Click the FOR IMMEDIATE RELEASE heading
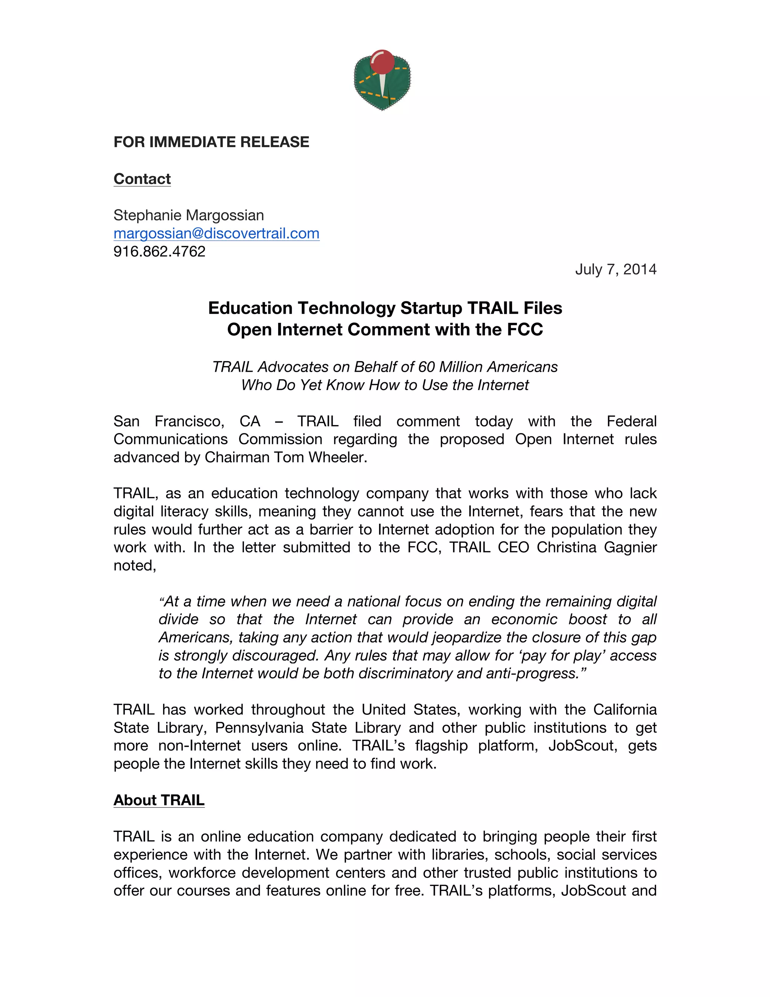(211, 142)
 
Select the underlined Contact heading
(142, 179)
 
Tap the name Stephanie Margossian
(188, 215)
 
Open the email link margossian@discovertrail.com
(216, 233)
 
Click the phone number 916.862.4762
(159, 251)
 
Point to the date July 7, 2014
(615, 269)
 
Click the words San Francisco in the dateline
(168, 421)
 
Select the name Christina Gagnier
(597, 547)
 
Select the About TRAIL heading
(159, 800)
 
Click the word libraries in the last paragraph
(459, 854)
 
